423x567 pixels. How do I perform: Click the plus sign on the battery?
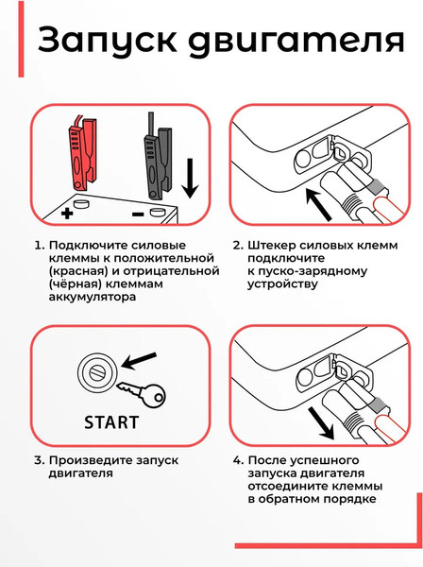pyautogui.click(x=66, y=215)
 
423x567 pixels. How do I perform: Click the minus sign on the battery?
pyautogui.click(x=136, y=215)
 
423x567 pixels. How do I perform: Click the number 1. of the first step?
pyautogui.click(x=38, y=246)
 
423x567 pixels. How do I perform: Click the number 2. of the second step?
pyautogui.click(x=237, y=246)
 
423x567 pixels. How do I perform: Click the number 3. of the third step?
pyautogui.click(x=38, y=461)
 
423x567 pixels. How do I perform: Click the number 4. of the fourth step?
pyautogui.click(x=238, y=461)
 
